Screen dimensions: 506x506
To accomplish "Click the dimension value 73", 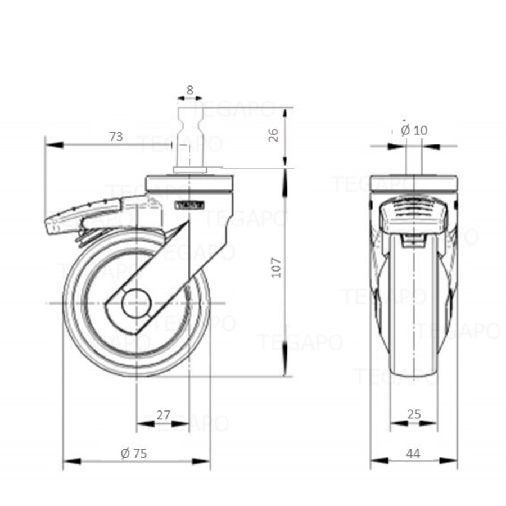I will pyautogui.click(x=116, y=136).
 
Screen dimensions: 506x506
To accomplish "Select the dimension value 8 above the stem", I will pyautogui.click(x=189, y=89).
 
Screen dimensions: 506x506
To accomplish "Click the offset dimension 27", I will pyautogui.click(x=163, y=415).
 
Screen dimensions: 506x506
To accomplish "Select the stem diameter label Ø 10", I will pyautogui.click(x=414, y=130).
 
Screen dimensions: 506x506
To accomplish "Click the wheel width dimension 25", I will pyautogui.click(x=414, y=414).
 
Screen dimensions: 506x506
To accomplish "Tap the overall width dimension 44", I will pyautogui.click(x=413, y=453).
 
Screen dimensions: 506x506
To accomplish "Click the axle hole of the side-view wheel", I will pyautogui.click(x=137, y=304).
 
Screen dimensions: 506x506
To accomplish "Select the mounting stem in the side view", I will pyautogui.click(x=189, y=135).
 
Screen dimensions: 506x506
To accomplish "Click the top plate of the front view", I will pyautogui.click(x=414, y=183).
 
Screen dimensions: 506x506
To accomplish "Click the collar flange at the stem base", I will pyautogui.click(x=189, y=169).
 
